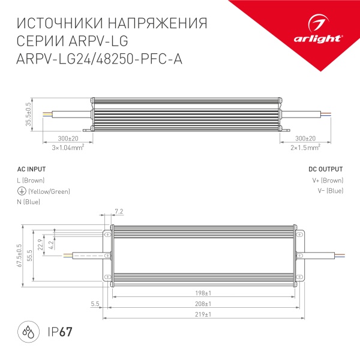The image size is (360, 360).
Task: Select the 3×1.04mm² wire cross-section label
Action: [x=67, y=147]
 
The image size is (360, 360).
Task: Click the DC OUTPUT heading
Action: [x=326, y=169]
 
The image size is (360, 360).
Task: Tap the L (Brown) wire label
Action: [x=31, y=181]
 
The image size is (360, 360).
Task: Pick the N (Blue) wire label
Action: [x=29, y=202]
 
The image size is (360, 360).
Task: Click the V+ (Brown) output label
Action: [x=328, y=181]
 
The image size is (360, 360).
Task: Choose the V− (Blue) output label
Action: [x=329, y=191]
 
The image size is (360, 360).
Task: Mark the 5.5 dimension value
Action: [x=95, y=304]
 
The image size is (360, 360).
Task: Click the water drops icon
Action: [x=28, y=331]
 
